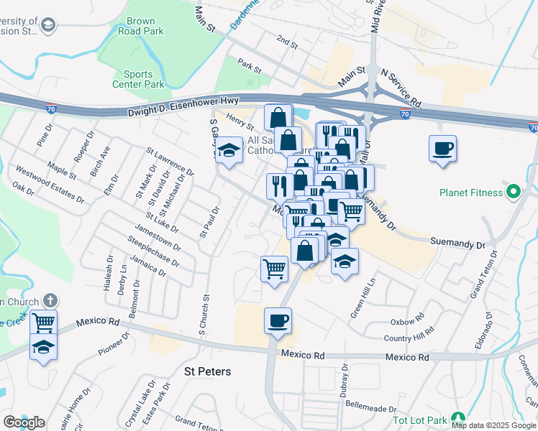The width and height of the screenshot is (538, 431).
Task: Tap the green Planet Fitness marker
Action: coord(513,193)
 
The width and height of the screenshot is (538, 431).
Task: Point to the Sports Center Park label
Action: coord(138,79)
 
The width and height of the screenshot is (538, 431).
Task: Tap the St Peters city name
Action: coord(208,371)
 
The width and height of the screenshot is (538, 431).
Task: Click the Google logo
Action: coord(24,422)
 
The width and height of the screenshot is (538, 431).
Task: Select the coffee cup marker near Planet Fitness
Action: coord(442,149)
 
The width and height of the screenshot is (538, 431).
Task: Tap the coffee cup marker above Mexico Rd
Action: coord(278,320)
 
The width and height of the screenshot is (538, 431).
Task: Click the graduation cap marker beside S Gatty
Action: coord(229,150)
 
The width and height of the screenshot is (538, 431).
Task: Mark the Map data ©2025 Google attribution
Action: coord(494,425)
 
